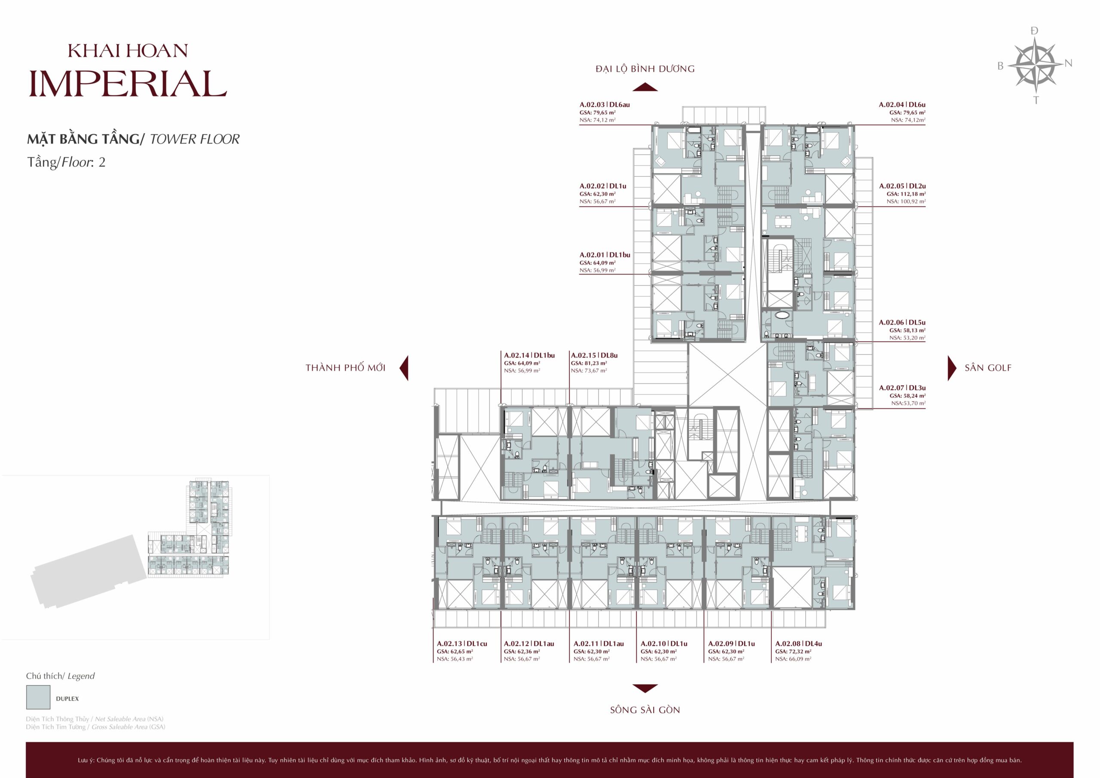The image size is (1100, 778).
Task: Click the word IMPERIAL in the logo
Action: pyautogui.click(x=128, y=84)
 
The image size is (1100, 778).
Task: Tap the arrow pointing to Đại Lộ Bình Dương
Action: pyautogui.click(x=645, y=87)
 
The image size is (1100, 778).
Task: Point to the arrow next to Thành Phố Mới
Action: pyautogui.click(x=404, y=368)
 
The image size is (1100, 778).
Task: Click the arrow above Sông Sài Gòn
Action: pyautogui.click(x=645, y=688)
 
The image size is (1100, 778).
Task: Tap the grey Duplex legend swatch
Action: pyautogui.click(x=38, y=697)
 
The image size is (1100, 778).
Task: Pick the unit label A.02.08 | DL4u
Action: pyautogui.click(x=799, y=644)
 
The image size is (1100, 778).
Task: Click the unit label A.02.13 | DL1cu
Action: pyautogui.click(x=462, y=644)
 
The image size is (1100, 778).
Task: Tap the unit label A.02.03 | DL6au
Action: pyautogui.click(x=605, y=104)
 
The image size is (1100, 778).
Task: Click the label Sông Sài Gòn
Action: pyautogui.click(x=645, y=710)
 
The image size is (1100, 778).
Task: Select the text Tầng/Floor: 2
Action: pyautogui.click(x=67, y=162)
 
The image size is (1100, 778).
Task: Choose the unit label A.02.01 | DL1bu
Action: pyautogui.click(x=605, y=255)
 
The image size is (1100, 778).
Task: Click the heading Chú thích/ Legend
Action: pyautogui.click(x=60, y=676)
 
